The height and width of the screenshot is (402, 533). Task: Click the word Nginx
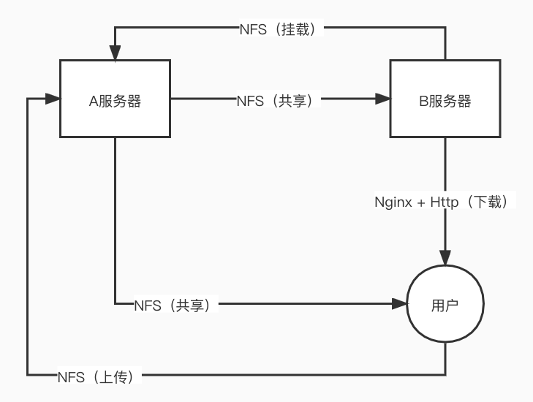click(x=393, y=202)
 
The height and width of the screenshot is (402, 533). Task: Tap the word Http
click(x=445, y=202)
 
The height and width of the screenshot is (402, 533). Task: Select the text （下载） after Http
click(x=488, y=202)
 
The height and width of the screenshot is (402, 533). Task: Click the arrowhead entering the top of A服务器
click(x=115, y=53)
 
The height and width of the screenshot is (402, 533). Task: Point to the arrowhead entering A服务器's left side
click(x=53, y=99)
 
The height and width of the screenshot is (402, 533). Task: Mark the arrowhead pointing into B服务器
click(x=383, y=99)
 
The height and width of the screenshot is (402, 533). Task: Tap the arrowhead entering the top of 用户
click(x=445, y=258)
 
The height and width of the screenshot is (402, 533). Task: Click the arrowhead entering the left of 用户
click(x=400, y=303)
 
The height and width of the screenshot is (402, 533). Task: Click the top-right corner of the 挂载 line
click(x=445, y=27)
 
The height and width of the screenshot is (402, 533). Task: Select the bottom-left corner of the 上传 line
click(x=28, y=375)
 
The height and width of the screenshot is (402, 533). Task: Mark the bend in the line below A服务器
click(x=115, y=303)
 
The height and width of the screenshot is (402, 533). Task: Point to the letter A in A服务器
click(x=94, y=101)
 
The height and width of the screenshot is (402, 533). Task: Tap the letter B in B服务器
click(x=423, y=101)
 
